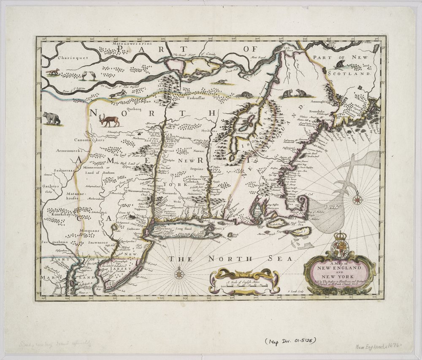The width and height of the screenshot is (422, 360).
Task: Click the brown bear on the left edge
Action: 51,118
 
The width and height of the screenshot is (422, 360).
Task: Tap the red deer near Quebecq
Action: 109,121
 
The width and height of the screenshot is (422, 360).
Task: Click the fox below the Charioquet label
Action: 53,72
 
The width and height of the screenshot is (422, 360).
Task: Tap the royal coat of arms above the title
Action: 340,245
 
